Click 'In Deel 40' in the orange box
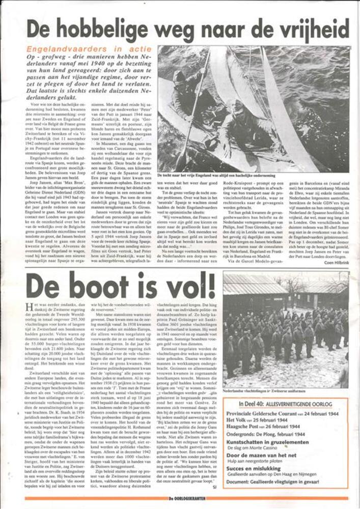coord(244,404)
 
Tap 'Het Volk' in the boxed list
coord(238,419)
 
